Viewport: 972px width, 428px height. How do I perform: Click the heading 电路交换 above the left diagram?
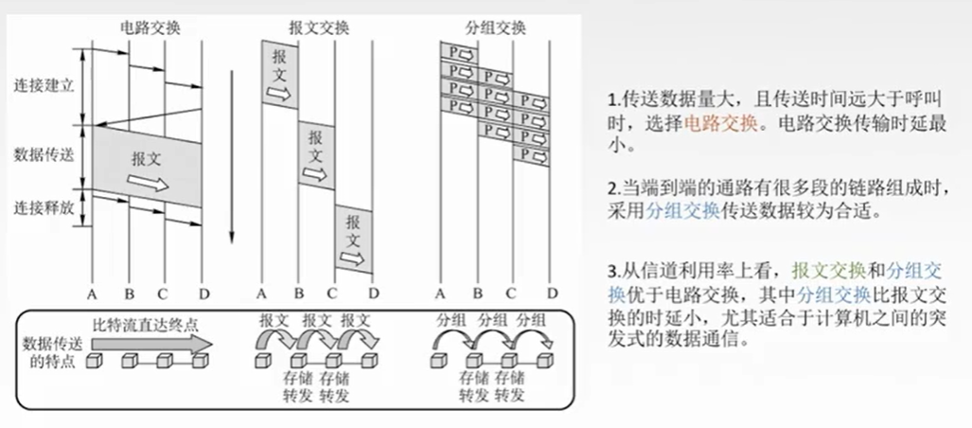(x=150, y=27)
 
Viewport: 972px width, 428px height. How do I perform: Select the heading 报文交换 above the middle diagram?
(x=319, y=27)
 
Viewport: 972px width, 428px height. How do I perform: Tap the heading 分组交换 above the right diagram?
(x=495, y=27)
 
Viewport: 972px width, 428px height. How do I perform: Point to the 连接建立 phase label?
(x=44, y=85)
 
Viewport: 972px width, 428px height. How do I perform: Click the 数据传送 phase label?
(x=44, y=153)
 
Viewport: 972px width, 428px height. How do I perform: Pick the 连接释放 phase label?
(x=44, y=207)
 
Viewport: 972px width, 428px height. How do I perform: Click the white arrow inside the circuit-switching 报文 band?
(x=148, y=183)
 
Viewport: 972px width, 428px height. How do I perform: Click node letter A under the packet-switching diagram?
(x=440, y=293)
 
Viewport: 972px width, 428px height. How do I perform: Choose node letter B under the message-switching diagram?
(x=298, y=293)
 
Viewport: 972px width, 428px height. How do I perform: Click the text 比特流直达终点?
(x=146, y=325)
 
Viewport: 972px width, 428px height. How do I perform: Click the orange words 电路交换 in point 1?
(x=720, y=123)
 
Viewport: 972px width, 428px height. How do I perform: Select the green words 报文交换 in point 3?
(x=828, y=271)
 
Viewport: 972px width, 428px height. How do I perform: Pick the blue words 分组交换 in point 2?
(x=682, y=211)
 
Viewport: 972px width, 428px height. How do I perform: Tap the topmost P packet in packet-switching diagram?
(x=459, y=52)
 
